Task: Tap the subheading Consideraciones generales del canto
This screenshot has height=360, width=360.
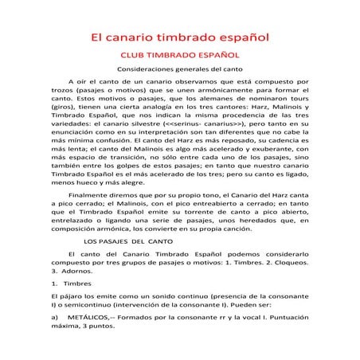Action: coord(179,70)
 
